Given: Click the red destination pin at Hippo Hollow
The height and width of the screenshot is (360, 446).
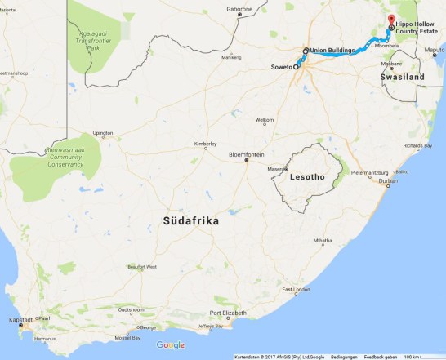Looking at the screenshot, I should pyautogui.click(x=390, y=20).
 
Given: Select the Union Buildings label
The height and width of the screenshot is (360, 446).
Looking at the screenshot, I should pyautogui.click(x=333, y=51).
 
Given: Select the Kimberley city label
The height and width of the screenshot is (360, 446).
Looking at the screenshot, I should pyautogui.click(x=205, y=144).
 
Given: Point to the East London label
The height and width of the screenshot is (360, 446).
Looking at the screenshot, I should pyautogui.click(x=297, y=290).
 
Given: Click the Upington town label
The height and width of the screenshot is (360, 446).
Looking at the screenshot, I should pyautogui.click(x=103, y=132).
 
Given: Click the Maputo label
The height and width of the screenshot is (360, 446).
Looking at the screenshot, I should pyautogui.click(x=435, y=51).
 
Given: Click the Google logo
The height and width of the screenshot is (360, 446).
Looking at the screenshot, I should pyautogui.click(x=171, y=345).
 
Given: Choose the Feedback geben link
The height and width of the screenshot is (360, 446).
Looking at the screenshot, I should pyautogui.click(x=381, y=357).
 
